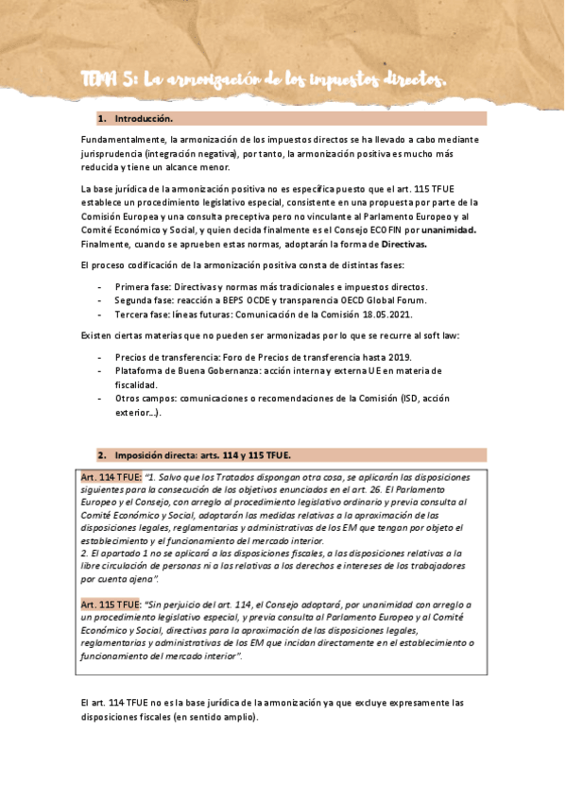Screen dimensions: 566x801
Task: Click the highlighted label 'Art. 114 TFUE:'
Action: (111, 477)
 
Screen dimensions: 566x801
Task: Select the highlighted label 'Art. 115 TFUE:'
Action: (111, 603)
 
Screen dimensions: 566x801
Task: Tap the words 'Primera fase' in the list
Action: (142, 286)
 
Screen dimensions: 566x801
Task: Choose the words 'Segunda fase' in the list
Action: (144, 300)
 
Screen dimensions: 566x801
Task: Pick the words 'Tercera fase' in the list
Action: (142, 314)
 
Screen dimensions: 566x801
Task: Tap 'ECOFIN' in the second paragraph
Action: (381, 230)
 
